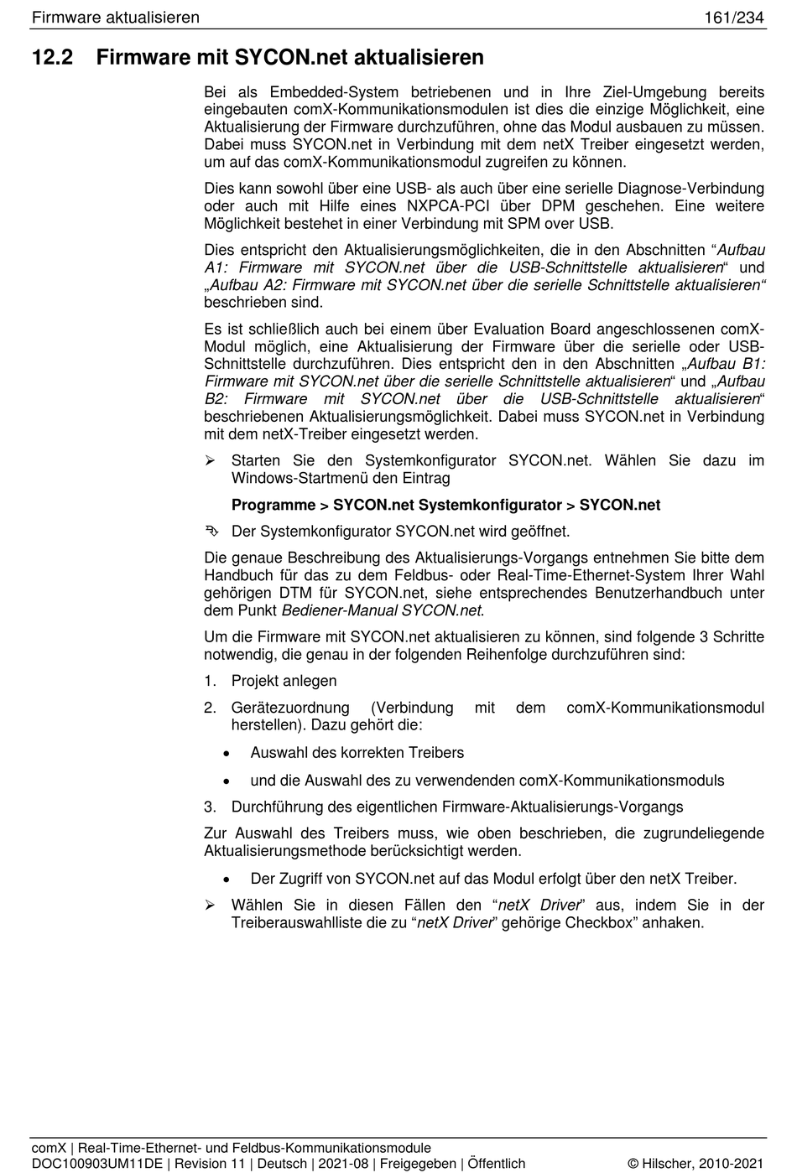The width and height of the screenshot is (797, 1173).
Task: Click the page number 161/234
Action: tap(734, 18)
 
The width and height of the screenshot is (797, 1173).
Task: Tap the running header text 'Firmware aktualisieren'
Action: tap(115, 18)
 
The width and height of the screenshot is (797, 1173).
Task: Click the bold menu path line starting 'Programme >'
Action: tap(445, 505)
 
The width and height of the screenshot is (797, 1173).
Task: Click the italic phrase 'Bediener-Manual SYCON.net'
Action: tap(382, 610)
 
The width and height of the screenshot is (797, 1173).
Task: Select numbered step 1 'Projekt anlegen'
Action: tap(284, 681)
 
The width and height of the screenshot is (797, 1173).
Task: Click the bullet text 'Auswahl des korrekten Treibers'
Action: tap(357, 753)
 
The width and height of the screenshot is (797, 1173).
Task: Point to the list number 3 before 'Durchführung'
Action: tap(210, 807)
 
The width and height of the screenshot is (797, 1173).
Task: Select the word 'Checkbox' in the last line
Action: tap(601, 923)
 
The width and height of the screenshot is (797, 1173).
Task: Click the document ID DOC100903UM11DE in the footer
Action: tap(96, 1164)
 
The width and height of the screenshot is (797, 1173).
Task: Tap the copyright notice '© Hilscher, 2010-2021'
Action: tap(695, 1164)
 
